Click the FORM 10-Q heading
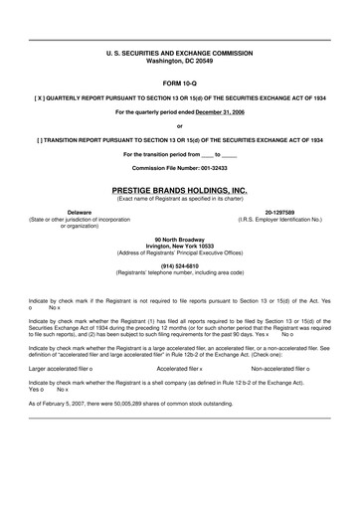179,83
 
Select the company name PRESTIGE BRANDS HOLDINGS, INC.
179,187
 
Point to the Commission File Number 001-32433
179,168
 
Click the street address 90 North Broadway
179,239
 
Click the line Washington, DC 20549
179,61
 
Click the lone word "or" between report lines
179,126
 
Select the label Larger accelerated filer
58,367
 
